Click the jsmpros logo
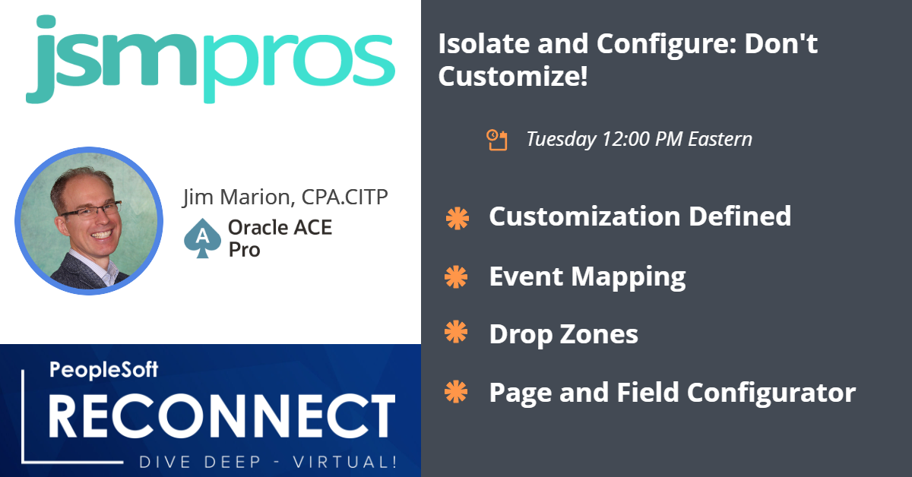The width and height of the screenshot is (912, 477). [210, 59]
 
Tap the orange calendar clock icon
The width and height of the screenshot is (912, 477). [497, 140]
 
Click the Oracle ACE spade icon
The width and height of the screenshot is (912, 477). [202, 238]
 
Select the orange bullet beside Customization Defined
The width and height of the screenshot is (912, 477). [458, 219]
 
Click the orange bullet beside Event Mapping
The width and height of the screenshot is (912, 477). [456, 277]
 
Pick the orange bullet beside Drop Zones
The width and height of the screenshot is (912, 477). [456, 332]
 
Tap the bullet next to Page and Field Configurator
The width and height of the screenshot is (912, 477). [456, 392]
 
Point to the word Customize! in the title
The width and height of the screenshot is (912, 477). [513, 76]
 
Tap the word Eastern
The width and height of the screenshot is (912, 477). [720, 139]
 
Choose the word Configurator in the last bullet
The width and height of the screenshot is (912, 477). [771, 393]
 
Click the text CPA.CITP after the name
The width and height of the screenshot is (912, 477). [344, 197]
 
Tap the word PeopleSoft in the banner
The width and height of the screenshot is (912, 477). [103, 370]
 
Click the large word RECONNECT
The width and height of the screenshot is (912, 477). [222, 416]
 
